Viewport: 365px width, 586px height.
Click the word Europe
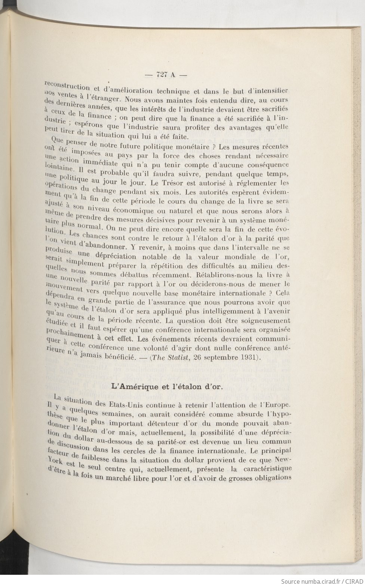click(x=274, y=405)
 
